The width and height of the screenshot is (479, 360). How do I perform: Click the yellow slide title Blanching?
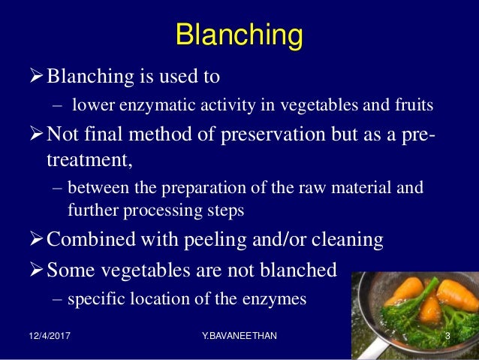(x=239, y=35)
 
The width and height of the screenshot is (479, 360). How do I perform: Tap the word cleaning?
(x=340, y=240)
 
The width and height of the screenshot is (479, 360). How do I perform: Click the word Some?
(x=72, y=269)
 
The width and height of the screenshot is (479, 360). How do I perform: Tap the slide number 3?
(x=447, y=337)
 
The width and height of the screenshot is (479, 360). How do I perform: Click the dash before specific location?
(x=58, y=299)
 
